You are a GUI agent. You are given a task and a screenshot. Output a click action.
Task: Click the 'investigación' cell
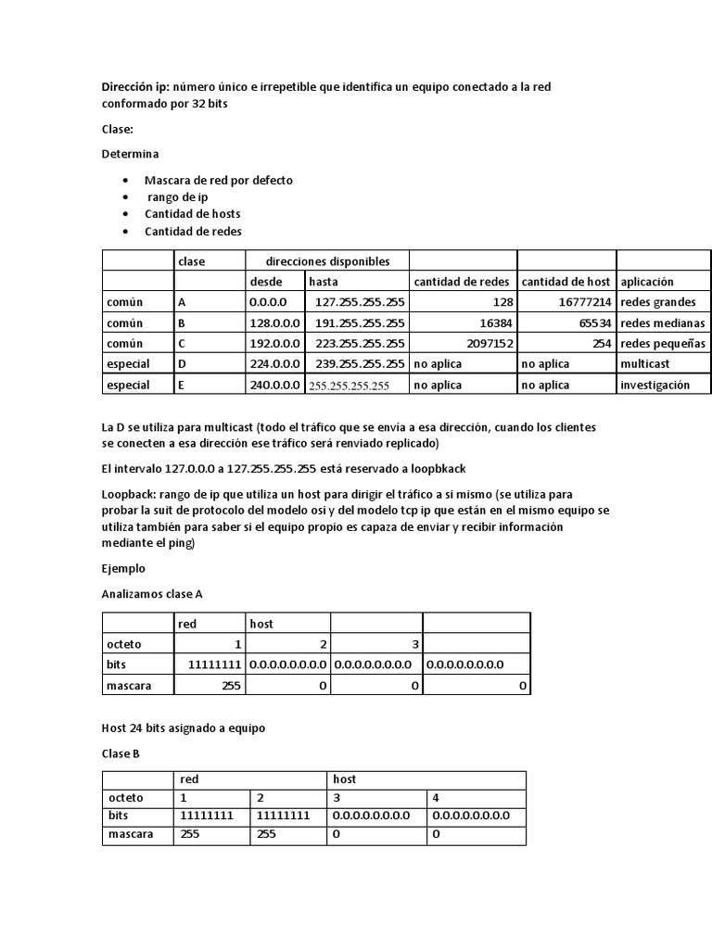655,385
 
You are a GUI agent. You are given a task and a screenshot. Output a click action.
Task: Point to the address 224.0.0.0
273,364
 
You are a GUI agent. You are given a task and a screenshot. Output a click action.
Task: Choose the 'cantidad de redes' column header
461,282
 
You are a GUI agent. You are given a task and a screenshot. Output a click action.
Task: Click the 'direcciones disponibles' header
327,261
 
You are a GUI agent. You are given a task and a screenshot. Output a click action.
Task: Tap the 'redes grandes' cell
660,302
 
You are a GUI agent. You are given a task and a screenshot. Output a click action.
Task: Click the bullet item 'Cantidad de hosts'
192,214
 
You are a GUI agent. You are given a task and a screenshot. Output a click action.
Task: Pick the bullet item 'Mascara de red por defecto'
218,181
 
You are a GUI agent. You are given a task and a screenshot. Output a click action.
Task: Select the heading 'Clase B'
121,753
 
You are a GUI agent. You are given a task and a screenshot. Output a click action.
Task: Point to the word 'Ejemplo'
123,567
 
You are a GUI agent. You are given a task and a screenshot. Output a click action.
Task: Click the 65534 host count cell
590,323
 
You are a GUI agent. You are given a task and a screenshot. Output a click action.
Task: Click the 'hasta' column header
324,282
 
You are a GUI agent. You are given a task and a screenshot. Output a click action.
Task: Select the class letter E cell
182,385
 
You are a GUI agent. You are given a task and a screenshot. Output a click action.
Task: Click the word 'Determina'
131,153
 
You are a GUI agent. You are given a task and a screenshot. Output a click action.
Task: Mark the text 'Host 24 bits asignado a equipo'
183,728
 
